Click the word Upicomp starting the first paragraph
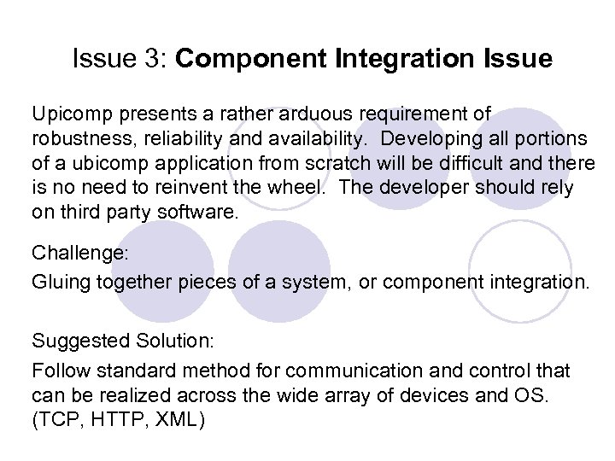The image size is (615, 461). [x=66, y=114]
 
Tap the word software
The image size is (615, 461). [x=202, y=211]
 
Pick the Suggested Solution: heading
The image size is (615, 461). [x=125, y=341]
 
